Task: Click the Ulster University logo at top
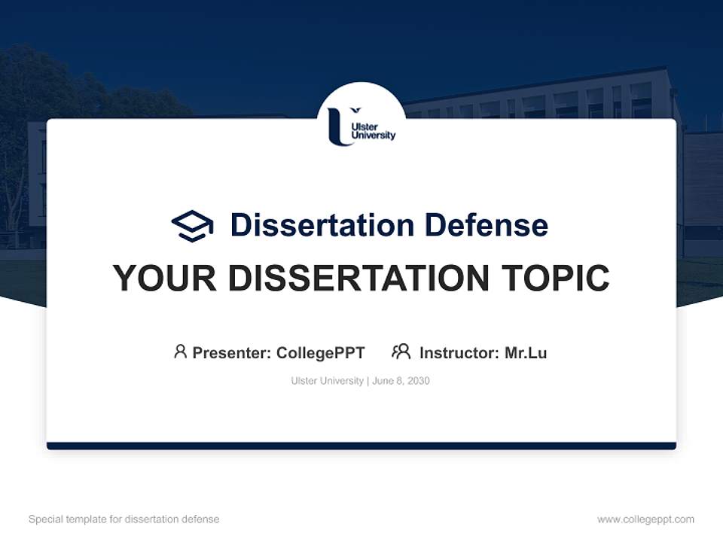coord(361,125)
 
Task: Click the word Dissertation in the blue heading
coord(322,225)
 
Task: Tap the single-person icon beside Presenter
coord(180,352)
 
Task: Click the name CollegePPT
coord(320,353)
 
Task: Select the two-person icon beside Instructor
coord(401,352)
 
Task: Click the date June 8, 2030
coord(401,381)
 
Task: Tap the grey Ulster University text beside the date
coord(327,381)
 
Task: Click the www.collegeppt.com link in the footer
coord(645,519)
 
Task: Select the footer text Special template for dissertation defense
coord(124,519)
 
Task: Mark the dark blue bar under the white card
coord(361,446)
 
